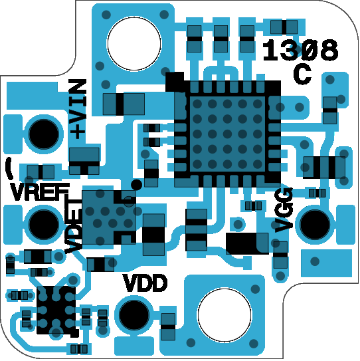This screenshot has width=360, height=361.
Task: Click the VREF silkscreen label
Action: pos(40,191)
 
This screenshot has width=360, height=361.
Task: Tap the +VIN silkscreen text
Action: pos(78,109)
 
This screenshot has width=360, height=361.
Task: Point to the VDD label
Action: pos(145,283)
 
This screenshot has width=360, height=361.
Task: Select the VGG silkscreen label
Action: pos(284,209)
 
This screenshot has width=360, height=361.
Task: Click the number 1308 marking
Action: pos(300,50)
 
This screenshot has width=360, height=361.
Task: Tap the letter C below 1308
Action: pos(302,74)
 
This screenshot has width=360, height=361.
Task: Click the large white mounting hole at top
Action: pos(134,43)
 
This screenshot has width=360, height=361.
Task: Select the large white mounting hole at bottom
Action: pos(225,314)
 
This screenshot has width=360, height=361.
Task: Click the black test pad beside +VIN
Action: pos(43,134)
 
